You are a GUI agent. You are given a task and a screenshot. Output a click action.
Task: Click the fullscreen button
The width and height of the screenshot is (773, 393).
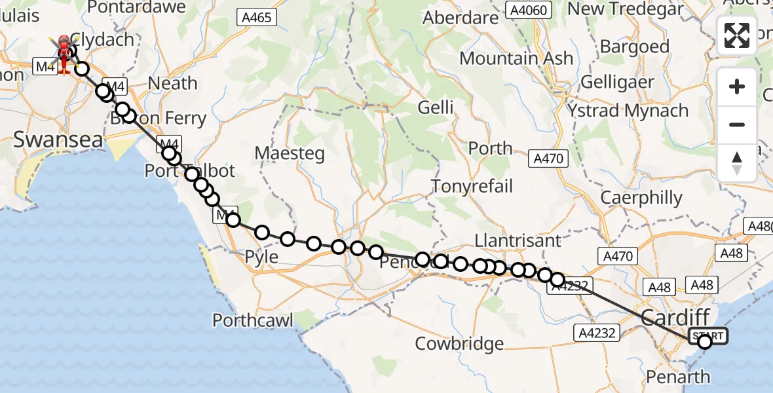[x=737, y=35]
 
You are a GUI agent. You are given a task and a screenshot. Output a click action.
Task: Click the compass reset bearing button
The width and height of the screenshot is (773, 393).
[x=737, y=162]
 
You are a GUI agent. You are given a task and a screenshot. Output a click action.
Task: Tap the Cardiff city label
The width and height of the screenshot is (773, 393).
[x=675, y=319]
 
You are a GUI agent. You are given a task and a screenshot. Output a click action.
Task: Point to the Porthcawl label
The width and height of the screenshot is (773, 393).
[x=253, y=320]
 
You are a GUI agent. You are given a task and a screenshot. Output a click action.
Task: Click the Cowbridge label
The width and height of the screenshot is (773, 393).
[x=459, y=343]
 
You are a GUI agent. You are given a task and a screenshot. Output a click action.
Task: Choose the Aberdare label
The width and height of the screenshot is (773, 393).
[x=461, y=18]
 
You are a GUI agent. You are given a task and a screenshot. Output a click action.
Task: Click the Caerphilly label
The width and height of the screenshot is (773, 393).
[x=641, y=197]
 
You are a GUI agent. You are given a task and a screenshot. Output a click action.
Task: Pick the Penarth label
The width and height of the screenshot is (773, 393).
[x=677, y=377]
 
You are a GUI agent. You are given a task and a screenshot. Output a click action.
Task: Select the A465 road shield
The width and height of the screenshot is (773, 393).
[x=256, y=18]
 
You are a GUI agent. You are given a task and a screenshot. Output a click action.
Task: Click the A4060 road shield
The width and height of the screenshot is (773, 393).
[x=530, y=10]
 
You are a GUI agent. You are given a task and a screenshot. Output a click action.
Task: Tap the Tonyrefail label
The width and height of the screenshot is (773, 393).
[x=472, y=186]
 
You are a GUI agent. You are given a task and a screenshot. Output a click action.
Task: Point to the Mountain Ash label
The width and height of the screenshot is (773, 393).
[x=516, y=58]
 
